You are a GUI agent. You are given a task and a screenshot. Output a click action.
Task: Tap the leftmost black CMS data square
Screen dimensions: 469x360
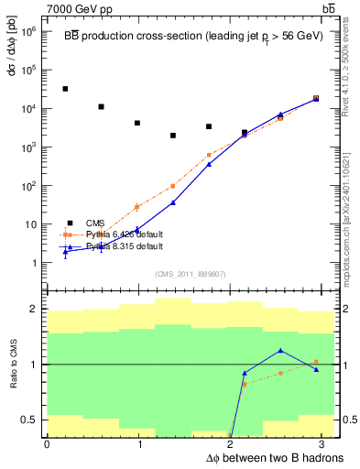coord(65,89)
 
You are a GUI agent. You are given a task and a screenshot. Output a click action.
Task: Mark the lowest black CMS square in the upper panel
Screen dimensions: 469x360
coord(172,136)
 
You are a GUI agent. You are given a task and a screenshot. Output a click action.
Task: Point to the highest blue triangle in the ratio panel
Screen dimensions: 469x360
coord(280,351)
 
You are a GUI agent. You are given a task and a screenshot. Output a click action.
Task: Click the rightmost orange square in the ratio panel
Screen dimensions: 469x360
coord(316,362)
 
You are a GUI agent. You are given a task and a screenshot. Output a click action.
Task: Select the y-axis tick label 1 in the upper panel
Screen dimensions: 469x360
coord(34,263)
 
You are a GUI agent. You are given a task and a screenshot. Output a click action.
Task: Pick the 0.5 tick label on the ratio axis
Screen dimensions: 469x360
coord(29,420)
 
